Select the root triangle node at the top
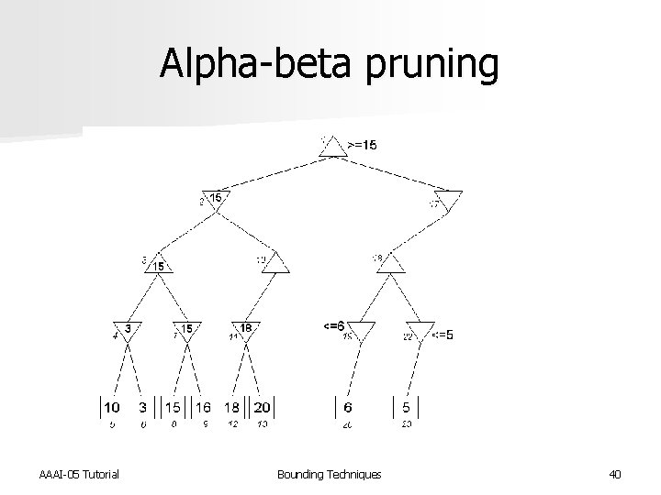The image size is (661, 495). click(x=332, y=147)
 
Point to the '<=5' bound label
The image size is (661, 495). click(x=442, y=335)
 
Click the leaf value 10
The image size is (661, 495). click(x=110, y=406)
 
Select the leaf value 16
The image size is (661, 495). click(x=203, y=406)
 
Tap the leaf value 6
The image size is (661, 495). click(x=348, y=406)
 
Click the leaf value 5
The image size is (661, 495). click(x=405, y=406)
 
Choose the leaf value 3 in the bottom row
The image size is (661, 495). click(x=142, y=406)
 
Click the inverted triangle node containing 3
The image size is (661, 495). click(x=128, y=330)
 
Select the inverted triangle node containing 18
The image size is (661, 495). click(x=245, y=330)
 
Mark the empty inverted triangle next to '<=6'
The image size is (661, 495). click(x=361, y=330)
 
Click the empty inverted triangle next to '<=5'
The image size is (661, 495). click(x=420, y=330)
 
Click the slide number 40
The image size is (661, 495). click(x=614, y=473)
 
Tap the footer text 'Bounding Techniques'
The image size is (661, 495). click(x=329, y=473)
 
